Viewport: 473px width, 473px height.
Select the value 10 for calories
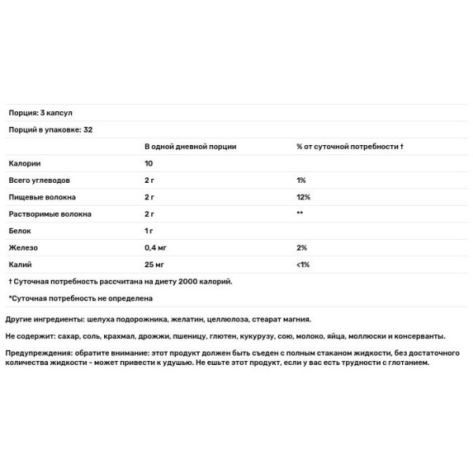pyautogui.click(x=148, y=164)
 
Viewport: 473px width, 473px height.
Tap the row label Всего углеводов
pyautogui.click(x=39, y=181)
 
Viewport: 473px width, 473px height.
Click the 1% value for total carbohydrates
pyautogui.click(x=301, y=181)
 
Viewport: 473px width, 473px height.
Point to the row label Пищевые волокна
pyautogui.click(x=39, y=197)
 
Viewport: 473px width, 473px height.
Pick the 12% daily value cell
pyautogui.click(x=304, y=197)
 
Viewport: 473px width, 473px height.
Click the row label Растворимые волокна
pyautogui.click(x=49, y=214)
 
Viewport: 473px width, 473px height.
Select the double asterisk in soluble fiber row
pyautogui.click(x=300, y=214)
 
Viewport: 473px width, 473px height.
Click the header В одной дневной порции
pyautogui.click(x=190, y=147)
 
